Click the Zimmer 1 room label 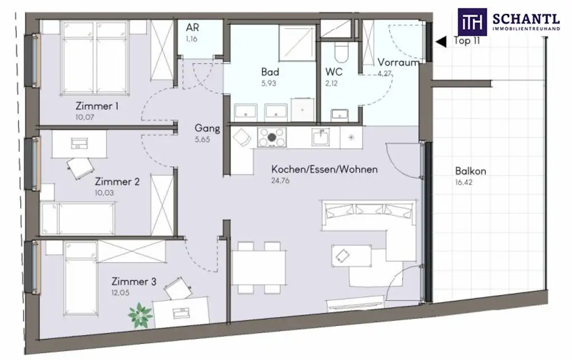(97, 106)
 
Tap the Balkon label (470, 171)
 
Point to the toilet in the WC (340, 53)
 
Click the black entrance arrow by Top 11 (441, 41)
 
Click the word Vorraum (398, 63)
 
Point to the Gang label (207, 129)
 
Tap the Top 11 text (468, 41)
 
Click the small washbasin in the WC (340, 115)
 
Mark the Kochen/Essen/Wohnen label (324, 169)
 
